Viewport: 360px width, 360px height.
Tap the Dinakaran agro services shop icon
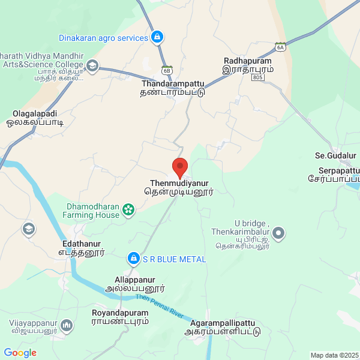[x=157, y=38]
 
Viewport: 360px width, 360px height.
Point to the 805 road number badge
[x=259, y=78]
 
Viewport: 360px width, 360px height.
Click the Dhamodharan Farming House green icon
[x=128, y=209]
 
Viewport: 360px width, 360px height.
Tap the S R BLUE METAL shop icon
[x=133, y=259]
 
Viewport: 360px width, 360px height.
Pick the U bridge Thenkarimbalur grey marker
[x=278, y=232]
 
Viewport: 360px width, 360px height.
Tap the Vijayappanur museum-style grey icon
[x=66, y=326]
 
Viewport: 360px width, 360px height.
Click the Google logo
[x=20, y=353]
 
